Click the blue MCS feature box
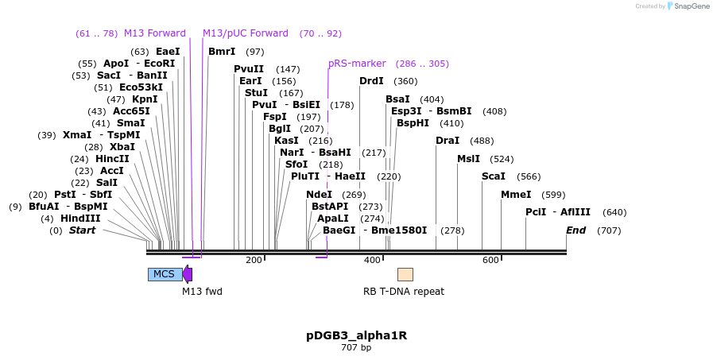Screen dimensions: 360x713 (164, 274)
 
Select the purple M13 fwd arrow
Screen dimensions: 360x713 (188, 274)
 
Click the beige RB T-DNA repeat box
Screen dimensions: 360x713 (405, 274)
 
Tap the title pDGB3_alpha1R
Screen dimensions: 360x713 (356, 335)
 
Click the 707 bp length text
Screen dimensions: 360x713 (356, 347)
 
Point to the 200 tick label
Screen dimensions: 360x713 (254, 260)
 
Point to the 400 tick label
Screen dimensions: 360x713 (372, 260)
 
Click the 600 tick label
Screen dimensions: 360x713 (490, 260)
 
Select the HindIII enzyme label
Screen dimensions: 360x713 (81, 219)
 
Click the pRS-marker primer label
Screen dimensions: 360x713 (357, 64)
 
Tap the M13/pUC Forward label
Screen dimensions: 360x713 (245, 33)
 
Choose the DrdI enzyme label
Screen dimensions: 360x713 (371, 81)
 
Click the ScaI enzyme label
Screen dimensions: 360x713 (494, 176)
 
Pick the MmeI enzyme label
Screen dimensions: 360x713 (516, 195)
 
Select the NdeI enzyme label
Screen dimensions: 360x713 (319, 195)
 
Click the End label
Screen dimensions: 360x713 (575, 230)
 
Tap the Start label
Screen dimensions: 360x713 (82, 230)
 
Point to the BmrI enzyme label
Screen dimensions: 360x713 (222, 52)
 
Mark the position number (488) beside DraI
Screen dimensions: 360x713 (482, 141)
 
